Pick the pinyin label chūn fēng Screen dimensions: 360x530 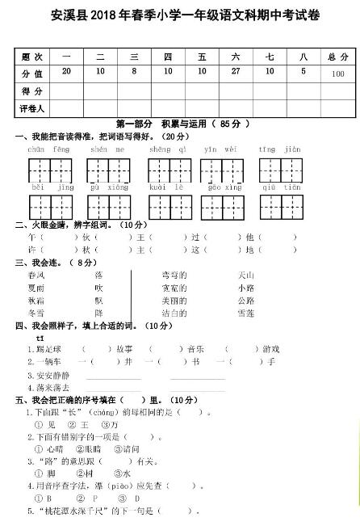pyautogui.click(x=48, y=149)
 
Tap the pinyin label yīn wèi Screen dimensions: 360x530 pyautogui.click(x=220, y=149)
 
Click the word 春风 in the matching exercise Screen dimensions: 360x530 pyautogui.click(x=36, y=275)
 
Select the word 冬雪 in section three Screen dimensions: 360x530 pyautogui.click(x=36, y=313)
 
